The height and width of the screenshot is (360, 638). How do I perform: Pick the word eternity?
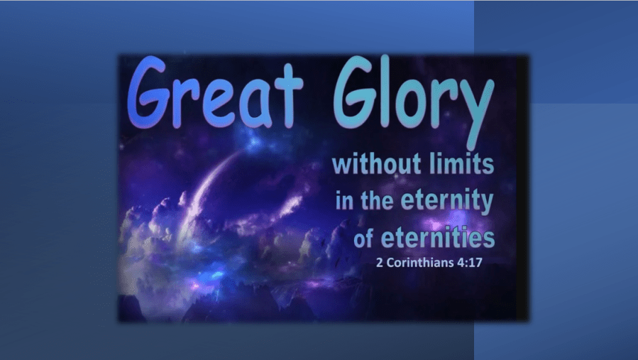point(447,202)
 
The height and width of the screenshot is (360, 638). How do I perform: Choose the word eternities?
point(438,239)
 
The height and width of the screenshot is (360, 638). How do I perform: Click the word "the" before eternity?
point(377,200)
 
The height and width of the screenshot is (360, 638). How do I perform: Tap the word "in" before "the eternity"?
point(344,201)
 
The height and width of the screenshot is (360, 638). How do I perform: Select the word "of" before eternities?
point(363,239)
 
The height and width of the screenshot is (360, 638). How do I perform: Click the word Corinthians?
point(420,263)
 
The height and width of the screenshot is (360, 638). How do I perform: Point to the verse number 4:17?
point(470,263)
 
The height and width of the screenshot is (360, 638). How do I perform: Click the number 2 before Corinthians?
point(379,263)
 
